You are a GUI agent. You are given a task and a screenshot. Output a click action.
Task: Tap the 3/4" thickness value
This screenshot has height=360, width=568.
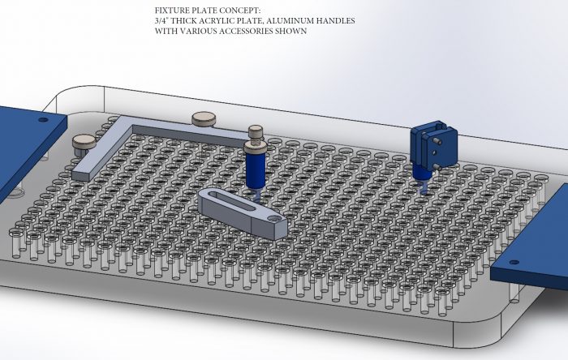(161, 20)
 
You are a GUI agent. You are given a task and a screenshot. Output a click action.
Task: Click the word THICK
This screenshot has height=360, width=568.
(183, 20)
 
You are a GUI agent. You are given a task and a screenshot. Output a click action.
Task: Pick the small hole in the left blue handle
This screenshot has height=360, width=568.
(43, 119)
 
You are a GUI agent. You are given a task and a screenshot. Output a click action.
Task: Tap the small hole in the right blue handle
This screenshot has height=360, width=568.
(514, 263)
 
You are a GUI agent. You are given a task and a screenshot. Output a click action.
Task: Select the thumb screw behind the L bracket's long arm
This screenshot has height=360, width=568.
(204, 119)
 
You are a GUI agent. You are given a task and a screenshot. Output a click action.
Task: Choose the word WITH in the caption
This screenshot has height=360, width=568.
(166, 31)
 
